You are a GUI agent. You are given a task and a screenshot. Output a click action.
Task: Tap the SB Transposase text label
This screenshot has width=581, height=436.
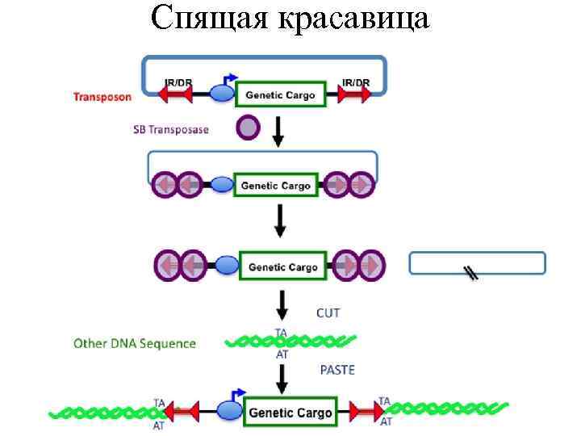click(170, 129)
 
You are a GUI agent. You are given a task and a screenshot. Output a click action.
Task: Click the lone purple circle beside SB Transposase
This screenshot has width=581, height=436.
click(248, 128)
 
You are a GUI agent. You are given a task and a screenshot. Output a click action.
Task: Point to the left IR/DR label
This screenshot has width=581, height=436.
click(178, 82)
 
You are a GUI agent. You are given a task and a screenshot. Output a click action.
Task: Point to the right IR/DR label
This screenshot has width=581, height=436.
click(355, 82)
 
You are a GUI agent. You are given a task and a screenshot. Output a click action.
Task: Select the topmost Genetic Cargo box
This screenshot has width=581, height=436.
click(280, 94)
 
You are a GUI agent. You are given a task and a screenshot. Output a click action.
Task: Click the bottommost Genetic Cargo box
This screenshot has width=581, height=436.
click(290, 413)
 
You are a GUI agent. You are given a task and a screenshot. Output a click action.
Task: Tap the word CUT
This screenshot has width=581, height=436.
click(328, 312)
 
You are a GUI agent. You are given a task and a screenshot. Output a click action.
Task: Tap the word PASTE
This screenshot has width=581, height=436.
click(337, 370)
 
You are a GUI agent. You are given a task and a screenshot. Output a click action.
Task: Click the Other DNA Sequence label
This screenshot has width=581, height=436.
click(135, 343)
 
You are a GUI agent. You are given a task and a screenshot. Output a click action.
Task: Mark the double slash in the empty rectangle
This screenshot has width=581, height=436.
click(472, 273)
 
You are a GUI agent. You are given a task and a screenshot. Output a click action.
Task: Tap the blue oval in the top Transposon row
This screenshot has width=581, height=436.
click(222, 94)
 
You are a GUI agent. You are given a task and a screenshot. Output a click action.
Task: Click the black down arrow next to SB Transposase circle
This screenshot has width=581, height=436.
click(278, 131)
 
